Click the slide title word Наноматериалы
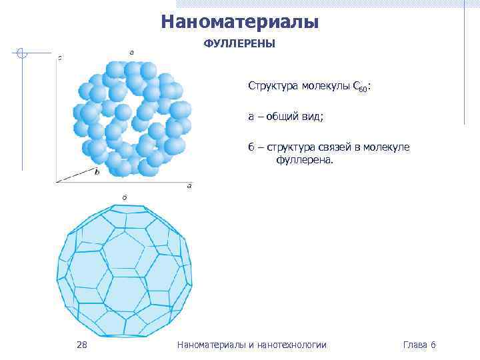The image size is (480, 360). coord(240,23)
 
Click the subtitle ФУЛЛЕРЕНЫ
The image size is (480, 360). coord(239,45)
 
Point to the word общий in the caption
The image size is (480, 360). coord(280,117)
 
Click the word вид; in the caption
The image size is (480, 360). coord(312,117)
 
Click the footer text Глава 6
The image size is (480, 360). coord(419,345)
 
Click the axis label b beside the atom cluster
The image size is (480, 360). coord(97,172)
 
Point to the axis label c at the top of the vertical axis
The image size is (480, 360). coord(60,58)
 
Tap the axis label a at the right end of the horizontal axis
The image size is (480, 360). coord(189,185)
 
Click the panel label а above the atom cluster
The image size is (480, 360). coord(131,52)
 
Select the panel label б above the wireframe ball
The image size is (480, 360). coord(125,197)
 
